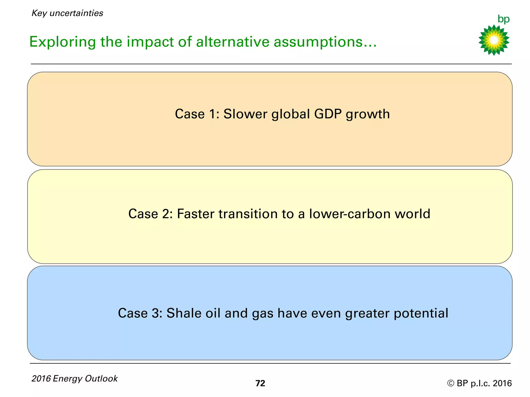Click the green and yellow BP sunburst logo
tap(494, 40)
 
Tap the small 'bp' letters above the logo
tap(503, 19)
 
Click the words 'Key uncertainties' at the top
tap(67, 13)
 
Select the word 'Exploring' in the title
tap(62, 42)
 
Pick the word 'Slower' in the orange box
tap(245, 114)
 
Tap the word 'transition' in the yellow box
tap(248, 214)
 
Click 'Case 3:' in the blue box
tap(140, 313)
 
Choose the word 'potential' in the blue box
tap(421, 314)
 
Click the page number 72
tap(260, 383)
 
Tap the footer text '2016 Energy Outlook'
tap(75, 378)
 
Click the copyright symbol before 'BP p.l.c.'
tap(451, 383)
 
